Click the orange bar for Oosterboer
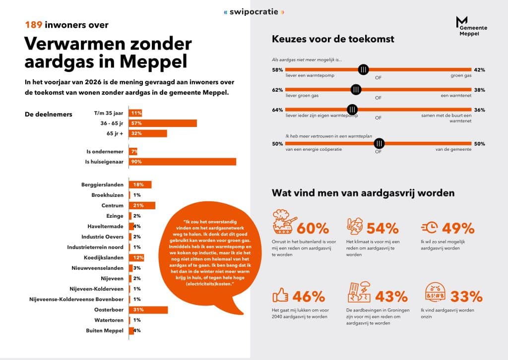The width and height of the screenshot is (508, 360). tap(148, 310)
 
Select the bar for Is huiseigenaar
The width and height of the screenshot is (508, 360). tap(183, 162)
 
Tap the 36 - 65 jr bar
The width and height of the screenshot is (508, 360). tap(163, 123)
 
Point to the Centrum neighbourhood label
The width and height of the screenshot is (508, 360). tap(113, 206)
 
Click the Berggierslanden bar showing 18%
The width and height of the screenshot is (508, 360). tap(140, 184)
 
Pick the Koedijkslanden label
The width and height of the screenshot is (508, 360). tap(104, 258)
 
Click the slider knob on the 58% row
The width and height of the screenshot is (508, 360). tap(364, 69)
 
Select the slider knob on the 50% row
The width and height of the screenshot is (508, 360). tap(379, 143)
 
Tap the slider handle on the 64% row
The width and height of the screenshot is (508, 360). tap(352, 110)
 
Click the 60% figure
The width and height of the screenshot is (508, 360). tap(313, 228)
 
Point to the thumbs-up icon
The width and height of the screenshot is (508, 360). tap(280, 295)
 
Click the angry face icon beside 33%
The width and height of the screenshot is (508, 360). tap(435, 292)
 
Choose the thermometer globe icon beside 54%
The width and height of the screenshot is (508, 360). tap(355, 226)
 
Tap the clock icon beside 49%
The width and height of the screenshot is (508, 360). tap(430, 227)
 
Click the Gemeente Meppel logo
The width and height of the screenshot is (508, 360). tap(471, 26)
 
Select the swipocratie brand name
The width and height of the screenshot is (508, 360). tap(254, 12)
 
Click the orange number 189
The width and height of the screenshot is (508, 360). tap(34, 25)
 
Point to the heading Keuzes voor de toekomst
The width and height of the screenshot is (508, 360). tap(333, 39)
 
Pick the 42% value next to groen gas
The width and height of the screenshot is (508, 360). tap(480, 70)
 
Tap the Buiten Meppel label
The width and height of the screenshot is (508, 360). tap(105, 331)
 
